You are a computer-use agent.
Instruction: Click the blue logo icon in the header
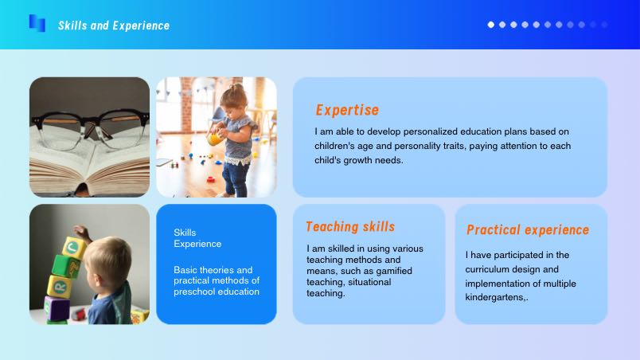[37, 23]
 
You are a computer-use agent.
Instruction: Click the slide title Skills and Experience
[114, 25]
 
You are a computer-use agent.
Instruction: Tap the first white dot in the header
[491, 25]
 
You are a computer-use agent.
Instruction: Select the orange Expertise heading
[347, 110]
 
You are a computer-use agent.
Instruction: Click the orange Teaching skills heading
[350, 226]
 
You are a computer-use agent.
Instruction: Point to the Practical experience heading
[528, 230]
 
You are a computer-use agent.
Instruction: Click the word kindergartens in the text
[494, 297]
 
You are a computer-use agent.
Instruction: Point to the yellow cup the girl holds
[214, 139]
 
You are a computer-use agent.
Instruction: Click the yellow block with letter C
[73, 247]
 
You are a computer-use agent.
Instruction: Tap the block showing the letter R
[60, 287]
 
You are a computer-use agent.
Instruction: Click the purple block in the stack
[57, 307]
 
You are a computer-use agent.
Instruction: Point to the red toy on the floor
[211, 178]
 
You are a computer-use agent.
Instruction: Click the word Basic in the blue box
[184, 270]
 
